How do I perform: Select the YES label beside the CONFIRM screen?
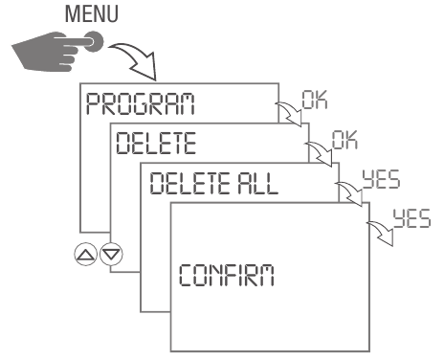coord(413,217)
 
